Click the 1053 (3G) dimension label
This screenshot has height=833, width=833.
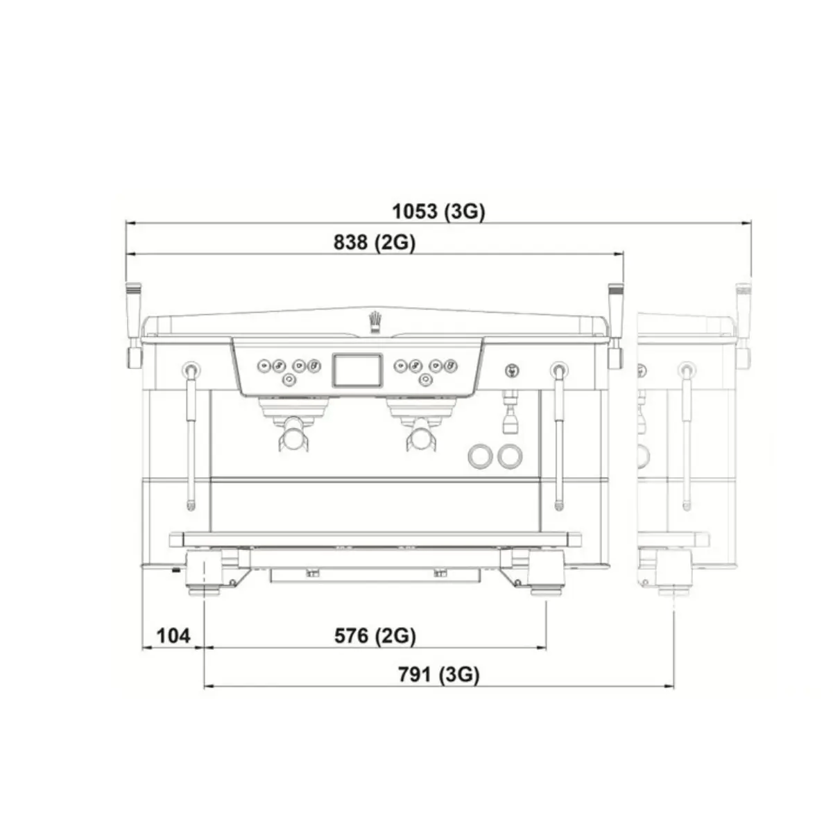point(438,212)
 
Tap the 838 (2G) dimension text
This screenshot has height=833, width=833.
point(375,243)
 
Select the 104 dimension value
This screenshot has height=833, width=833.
point(173,636)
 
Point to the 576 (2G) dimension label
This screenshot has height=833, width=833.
point(375,636)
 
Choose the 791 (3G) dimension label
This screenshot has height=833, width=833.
point(439,675)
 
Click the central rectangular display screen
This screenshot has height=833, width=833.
point(357,370)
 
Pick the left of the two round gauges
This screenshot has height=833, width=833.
point(480,456)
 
